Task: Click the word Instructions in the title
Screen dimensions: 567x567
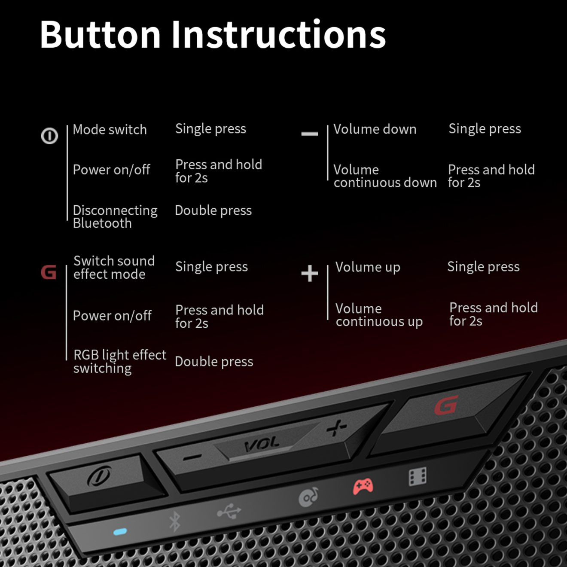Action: pos(278,34)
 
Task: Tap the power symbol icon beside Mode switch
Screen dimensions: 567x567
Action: pos(49,136)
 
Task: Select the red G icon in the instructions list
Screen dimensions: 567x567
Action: pos(49,272)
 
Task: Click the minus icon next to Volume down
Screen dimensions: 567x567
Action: pos(310,134)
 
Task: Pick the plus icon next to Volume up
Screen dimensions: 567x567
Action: pos(310,273)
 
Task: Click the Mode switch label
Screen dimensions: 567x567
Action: pos(110,130)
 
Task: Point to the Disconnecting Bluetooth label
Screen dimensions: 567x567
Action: pos(115,217)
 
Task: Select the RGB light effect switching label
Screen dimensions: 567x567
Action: pos(120,362)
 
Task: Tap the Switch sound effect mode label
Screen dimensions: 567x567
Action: pos(114,268)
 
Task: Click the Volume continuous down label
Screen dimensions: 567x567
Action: pos(385,176)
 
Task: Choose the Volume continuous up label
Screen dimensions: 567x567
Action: pos(379,315)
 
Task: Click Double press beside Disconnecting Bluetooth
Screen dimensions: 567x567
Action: pos(213,210)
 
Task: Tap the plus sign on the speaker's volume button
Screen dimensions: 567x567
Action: pos(337,428)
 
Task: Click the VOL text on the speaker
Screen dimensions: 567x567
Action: pos(262,445)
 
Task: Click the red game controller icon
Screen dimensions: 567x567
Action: pos(363,486)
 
